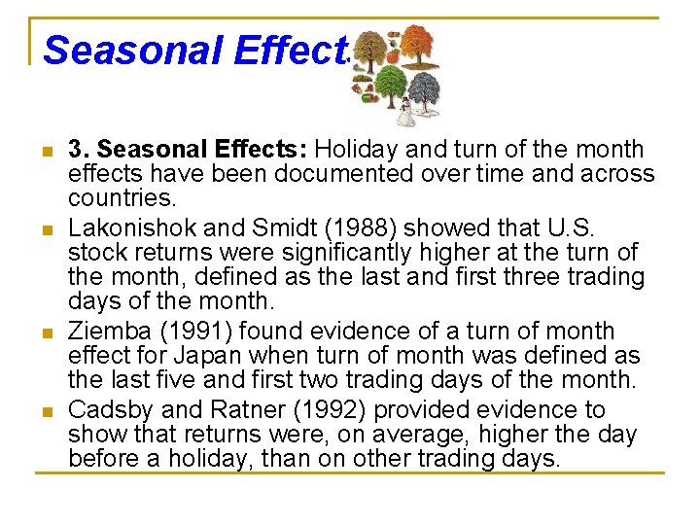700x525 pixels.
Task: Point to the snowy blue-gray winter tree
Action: [424, 93]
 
